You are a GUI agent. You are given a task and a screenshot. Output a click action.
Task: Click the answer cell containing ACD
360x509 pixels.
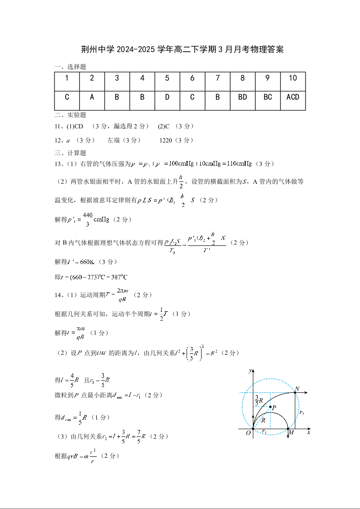tap(293, 97)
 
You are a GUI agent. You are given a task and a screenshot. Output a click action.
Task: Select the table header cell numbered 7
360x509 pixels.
tap(217, 78)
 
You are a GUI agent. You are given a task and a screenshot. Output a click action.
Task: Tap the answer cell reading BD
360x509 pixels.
tap(242, 97)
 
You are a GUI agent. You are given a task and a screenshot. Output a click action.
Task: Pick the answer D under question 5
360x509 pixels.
tap(167, 97)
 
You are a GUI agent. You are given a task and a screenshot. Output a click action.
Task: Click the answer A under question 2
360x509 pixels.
tap(92, 97)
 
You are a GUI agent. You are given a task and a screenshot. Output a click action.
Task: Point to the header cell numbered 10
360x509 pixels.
tap(293, 78)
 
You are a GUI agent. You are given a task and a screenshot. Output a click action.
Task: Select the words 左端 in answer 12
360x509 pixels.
tap(113, 140)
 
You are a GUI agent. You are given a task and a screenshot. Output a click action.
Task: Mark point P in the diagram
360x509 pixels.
tap(271, 407)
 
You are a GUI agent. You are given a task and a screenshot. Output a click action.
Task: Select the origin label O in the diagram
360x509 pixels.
tap(248, 434)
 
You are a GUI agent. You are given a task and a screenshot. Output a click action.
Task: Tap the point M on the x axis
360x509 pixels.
tap(289, 429)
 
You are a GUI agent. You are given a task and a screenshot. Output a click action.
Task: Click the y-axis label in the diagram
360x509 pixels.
tap(249, 371)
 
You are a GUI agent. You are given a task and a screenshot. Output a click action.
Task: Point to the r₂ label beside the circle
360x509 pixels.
tap(301, 412)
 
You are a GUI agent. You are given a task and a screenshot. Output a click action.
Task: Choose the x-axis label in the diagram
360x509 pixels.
tap(309, 433)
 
